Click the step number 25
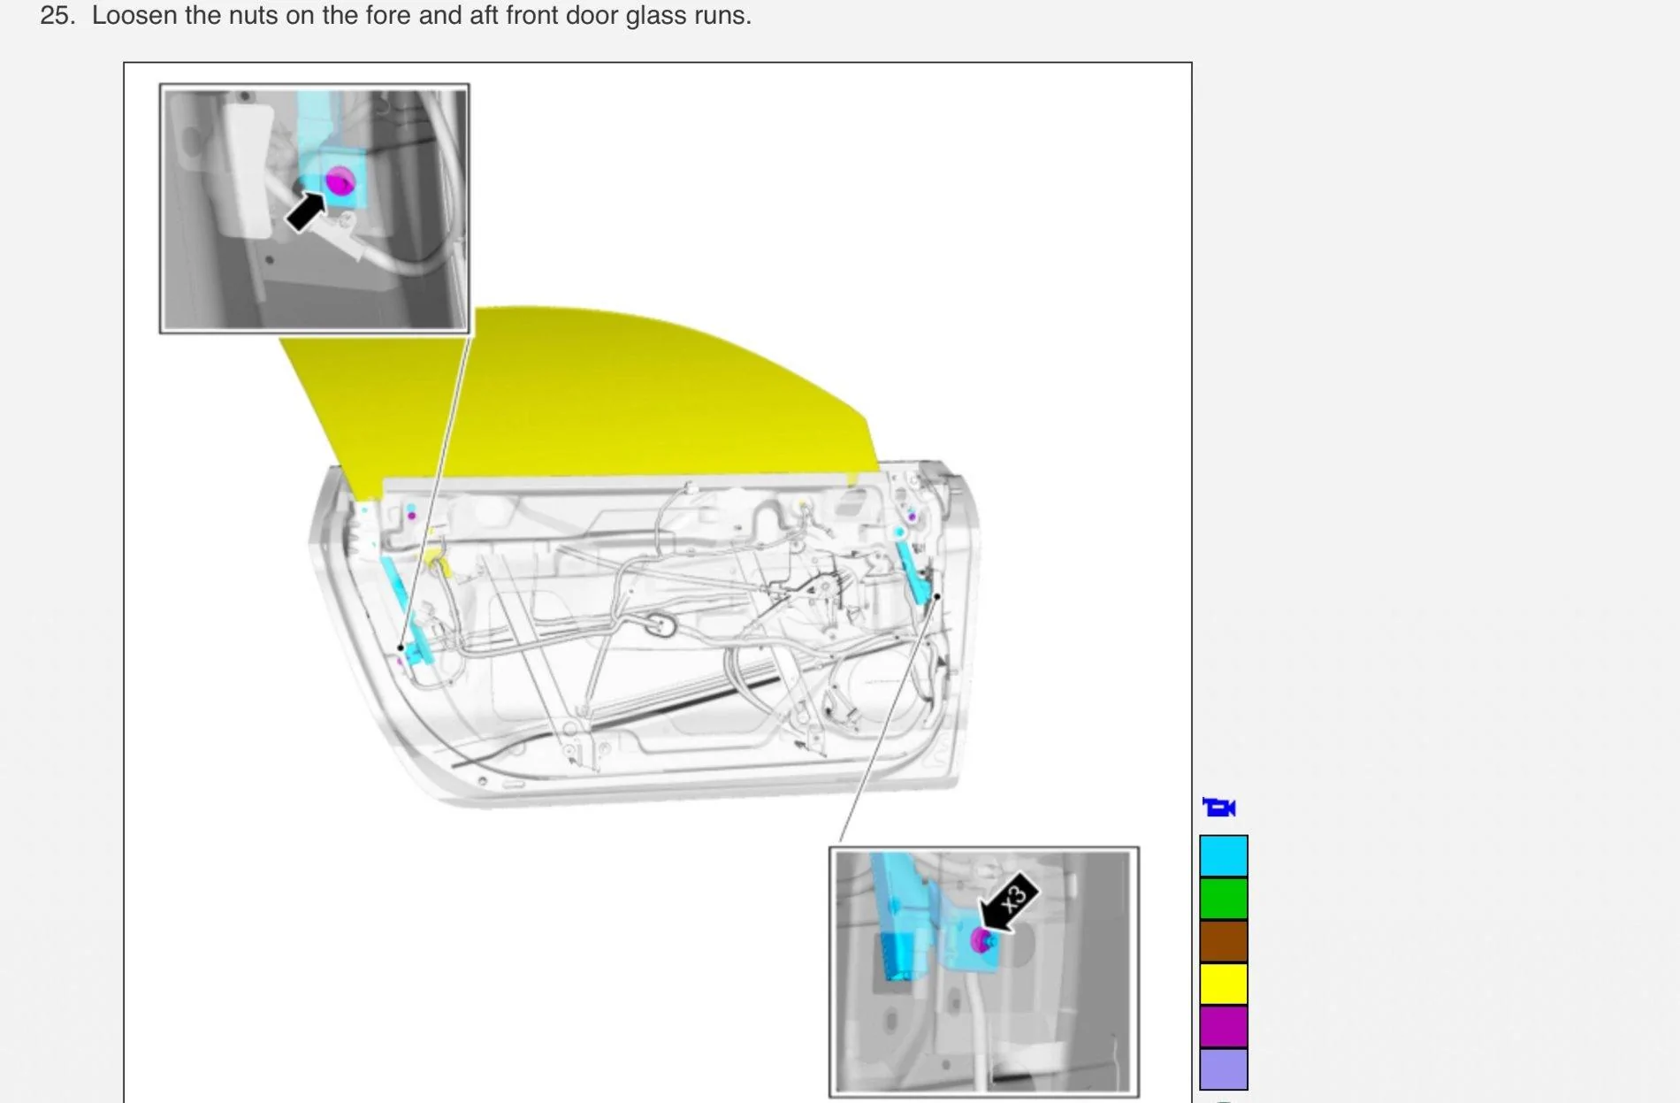(57, 15)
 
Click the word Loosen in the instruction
(134, 15)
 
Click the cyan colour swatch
(1224, 855)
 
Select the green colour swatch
(1224, 898)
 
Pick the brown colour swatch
(1224, 940)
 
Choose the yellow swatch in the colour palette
(1224, 983)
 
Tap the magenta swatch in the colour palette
(1224, 1025)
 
